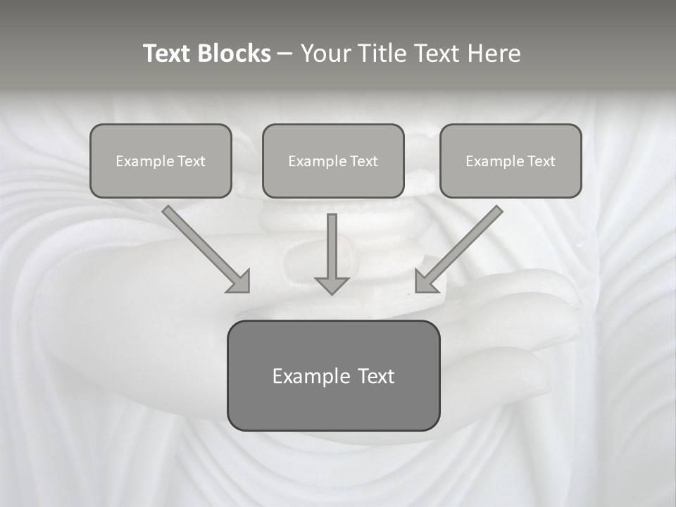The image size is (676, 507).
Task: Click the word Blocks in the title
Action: (x=234, y=54)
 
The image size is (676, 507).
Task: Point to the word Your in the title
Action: (x=326, y=54)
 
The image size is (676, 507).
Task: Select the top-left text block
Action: (x=161, y=161)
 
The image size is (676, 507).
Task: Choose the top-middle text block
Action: (x=333, y=161)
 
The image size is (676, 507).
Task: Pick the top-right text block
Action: (x=511, y=161)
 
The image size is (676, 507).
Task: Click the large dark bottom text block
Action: (x=333, y=375)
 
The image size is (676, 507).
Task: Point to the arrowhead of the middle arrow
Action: (x=332, y=284)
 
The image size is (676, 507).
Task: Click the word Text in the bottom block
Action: (x=375, y=377)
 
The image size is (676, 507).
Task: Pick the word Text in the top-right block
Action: (x=541, y=161)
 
